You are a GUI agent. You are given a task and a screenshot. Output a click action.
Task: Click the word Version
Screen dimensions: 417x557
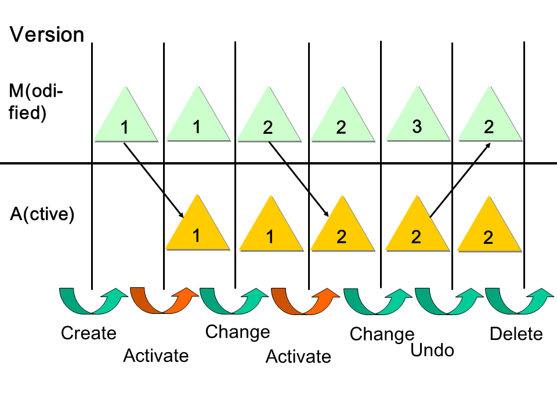(47, 34)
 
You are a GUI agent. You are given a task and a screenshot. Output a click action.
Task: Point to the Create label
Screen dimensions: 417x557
(89, 333)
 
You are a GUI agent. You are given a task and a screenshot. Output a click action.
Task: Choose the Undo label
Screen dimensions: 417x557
(432, 350)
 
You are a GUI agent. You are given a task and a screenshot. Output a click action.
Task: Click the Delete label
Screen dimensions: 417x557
(516, 334)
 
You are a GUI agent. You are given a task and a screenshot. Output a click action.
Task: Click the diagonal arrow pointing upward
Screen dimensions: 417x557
(460, 180)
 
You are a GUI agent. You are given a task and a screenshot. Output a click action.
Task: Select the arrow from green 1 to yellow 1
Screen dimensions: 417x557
(154, 179)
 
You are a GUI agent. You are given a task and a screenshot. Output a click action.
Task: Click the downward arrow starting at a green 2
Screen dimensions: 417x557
(299, 179)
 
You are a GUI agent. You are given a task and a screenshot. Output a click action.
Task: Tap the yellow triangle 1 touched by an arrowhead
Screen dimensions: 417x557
(197, 229)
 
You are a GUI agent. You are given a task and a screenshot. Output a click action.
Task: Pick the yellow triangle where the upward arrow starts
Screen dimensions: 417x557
(417, 229)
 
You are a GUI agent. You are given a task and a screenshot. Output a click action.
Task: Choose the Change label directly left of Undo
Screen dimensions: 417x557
(382, 334)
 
